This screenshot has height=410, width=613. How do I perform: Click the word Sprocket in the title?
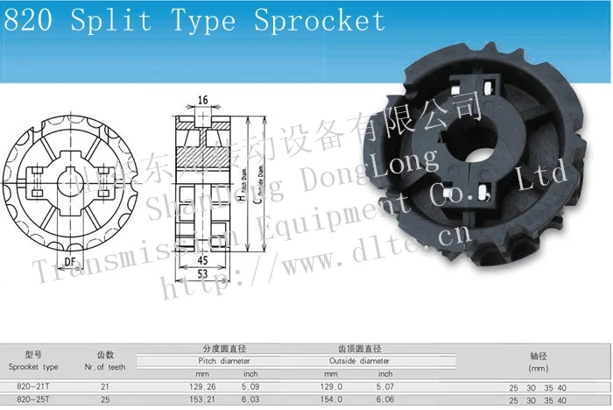320,19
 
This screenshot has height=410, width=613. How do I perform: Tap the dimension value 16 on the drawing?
202,101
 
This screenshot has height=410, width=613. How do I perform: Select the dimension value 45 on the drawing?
202,259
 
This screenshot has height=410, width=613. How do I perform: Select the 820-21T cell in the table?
33,385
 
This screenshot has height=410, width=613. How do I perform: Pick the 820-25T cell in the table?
33,399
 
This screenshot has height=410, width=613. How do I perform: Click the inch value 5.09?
250,385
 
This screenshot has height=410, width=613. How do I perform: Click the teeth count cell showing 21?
105,385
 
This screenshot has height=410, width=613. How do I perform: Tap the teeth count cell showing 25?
105,399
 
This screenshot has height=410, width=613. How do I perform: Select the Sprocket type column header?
33,366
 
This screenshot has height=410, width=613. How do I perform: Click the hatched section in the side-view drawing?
202,159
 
